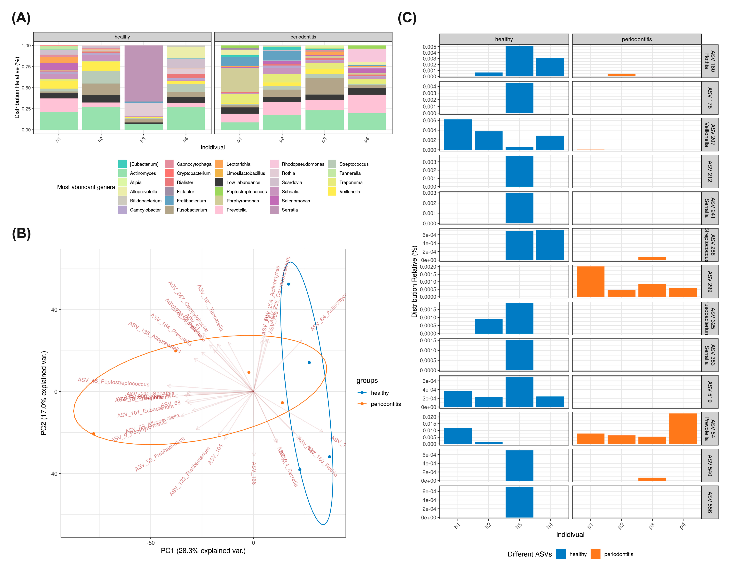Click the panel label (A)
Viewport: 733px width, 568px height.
click(21, 18)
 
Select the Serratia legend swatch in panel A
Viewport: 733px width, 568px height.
click(274, 210)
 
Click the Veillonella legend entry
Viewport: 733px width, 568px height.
click(349, 191)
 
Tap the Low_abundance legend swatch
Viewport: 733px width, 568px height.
click(219, 183)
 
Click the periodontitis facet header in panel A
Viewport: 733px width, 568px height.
click(303, 37)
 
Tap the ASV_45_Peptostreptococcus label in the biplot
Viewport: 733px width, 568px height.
click(114, 382)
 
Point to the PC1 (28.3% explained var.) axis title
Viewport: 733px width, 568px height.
click(203, 551)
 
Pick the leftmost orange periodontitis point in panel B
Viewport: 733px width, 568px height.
click(94, 434)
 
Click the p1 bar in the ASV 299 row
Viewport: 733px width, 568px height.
click(590, 282)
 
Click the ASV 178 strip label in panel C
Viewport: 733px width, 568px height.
click(710, 98)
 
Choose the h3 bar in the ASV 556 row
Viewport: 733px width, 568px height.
click(519, 502)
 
